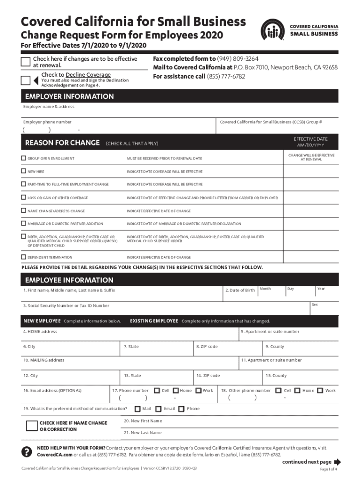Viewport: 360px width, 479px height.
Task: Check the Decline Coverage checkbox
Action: (x=27, y=80)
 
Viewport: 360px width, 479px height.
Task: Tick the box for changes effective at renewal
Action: (x=27, y=62)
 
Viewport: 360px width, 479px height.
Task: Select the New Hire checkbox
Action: (x=23, y=172)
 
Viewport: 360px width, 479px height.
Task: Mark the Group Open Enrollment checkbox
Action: (x=23, y=159)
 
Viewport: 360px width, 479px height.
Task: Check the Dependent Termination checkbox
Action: (x=23, y=257)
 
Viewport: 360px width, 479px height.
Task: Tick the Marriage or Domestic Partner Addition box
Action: (x=23, y=224)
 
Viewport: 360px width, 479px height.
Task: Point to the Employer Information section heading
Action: (x=69, y=96)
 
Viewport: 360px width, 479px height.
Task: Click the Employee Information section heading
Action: (x=69, y=280)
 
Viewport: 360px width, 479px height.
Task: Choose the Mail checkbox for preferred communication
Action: (x=137, y=409)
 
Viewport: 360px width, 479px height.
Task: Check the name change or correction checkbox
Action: (x=32, y=426)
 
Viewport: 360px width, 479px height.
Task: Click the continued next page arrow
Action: (x=338, y=462)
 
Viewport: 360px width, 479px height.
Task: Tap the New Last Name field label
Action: (x=143, y=433)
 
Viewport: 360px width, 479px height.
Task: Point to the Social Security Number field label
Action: (x=66, y=306)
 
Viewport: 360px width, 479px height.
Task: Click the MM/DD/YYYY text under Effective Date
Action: (x=310, y=145)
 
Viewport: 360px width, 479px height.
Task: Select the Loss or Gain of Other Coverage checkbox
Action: (x=23, y=198)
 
